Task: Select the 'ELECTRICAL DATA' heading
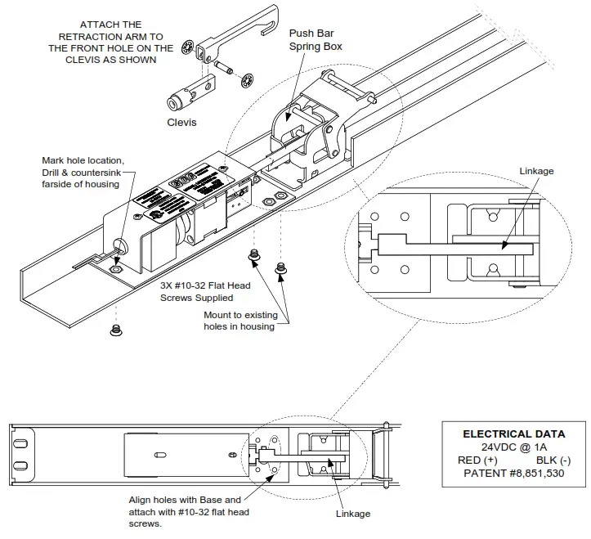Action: pos(513,434)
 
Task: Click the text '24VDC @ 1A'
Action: pos(513,447)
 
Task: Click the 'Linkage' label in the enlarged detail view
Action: pos(536,171)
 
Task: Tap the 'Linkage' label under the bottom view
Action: pos(353,514)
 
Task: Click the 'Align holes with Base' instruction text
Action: pos(185,511)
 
